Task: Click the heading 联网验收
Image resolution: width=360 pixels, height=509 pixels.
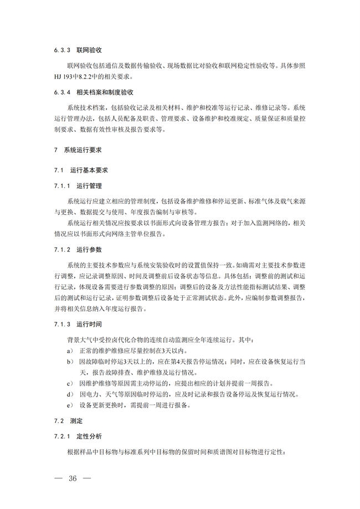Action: click(88, 50)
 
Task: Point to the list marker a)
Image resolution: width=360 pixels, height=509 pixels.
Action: click(70, 351)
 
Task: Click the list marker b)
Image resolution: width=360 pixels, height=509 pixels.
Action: click(70, 362)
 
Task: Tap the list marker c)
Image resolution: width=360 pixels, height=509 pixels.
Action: click(70, 383)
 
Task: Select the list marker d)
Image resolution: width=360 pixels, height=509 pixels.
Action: click(70, 394)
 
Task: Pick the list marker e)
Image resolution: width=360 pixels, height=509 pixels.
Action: click(70, 405)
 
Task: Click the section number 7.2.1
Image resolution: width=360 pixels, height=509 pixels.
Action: click(61, 437)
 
